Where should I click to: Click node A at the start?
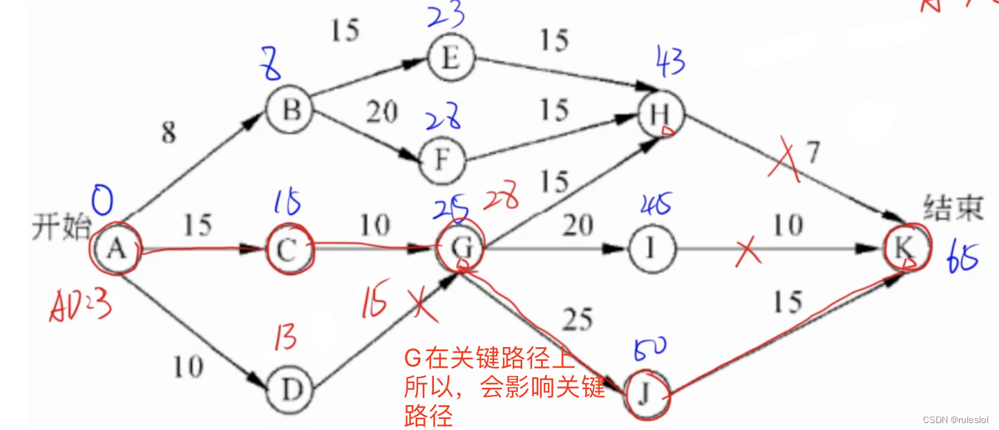(x=117, y=250)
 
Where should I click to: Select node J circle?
(x=646, y=394)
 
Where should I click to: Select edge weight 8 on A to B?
(x=169, y=133)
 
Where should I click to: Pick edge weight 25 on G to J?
(x=577, y=319)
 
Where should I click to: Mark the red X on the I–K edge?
(x=748, y=252)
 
